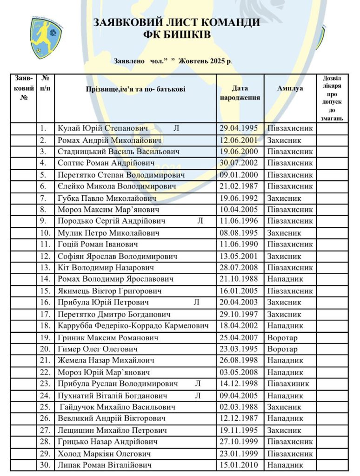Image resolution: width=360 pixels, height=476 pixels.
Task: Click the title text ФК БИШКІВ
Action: click(x=176, y=35)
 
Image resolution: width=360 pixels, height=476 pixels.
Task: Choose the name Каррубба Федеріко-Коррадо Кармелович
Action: click(x=133, y=326)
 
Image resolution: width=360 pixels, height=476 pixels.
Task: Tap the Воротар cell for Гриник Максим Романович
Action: click(x=282, y=337)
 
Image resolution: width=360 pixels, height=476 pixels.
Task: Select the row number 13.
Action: click(x=45, y=268)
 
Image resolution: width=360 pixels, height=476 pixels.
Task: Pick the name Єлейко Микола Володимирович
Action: click(x=117, y=186)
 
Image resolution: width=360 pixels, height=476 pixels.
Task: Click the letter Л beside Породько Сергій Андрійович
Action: click(x=200, y=221)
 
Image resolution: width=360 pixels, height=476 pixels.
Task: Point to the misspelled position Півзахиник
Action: click(x=290, y=383)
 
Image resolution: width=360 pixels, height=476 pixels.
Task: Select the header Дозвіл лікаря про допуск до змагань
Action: click(x=332, y=99)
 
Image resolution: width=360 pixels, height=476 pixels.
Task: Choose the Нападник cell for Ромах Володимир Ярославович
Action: click(x=285, y=279)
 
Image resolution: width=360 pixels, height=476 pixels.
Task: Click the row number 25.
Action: click(x=45, y=407)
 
